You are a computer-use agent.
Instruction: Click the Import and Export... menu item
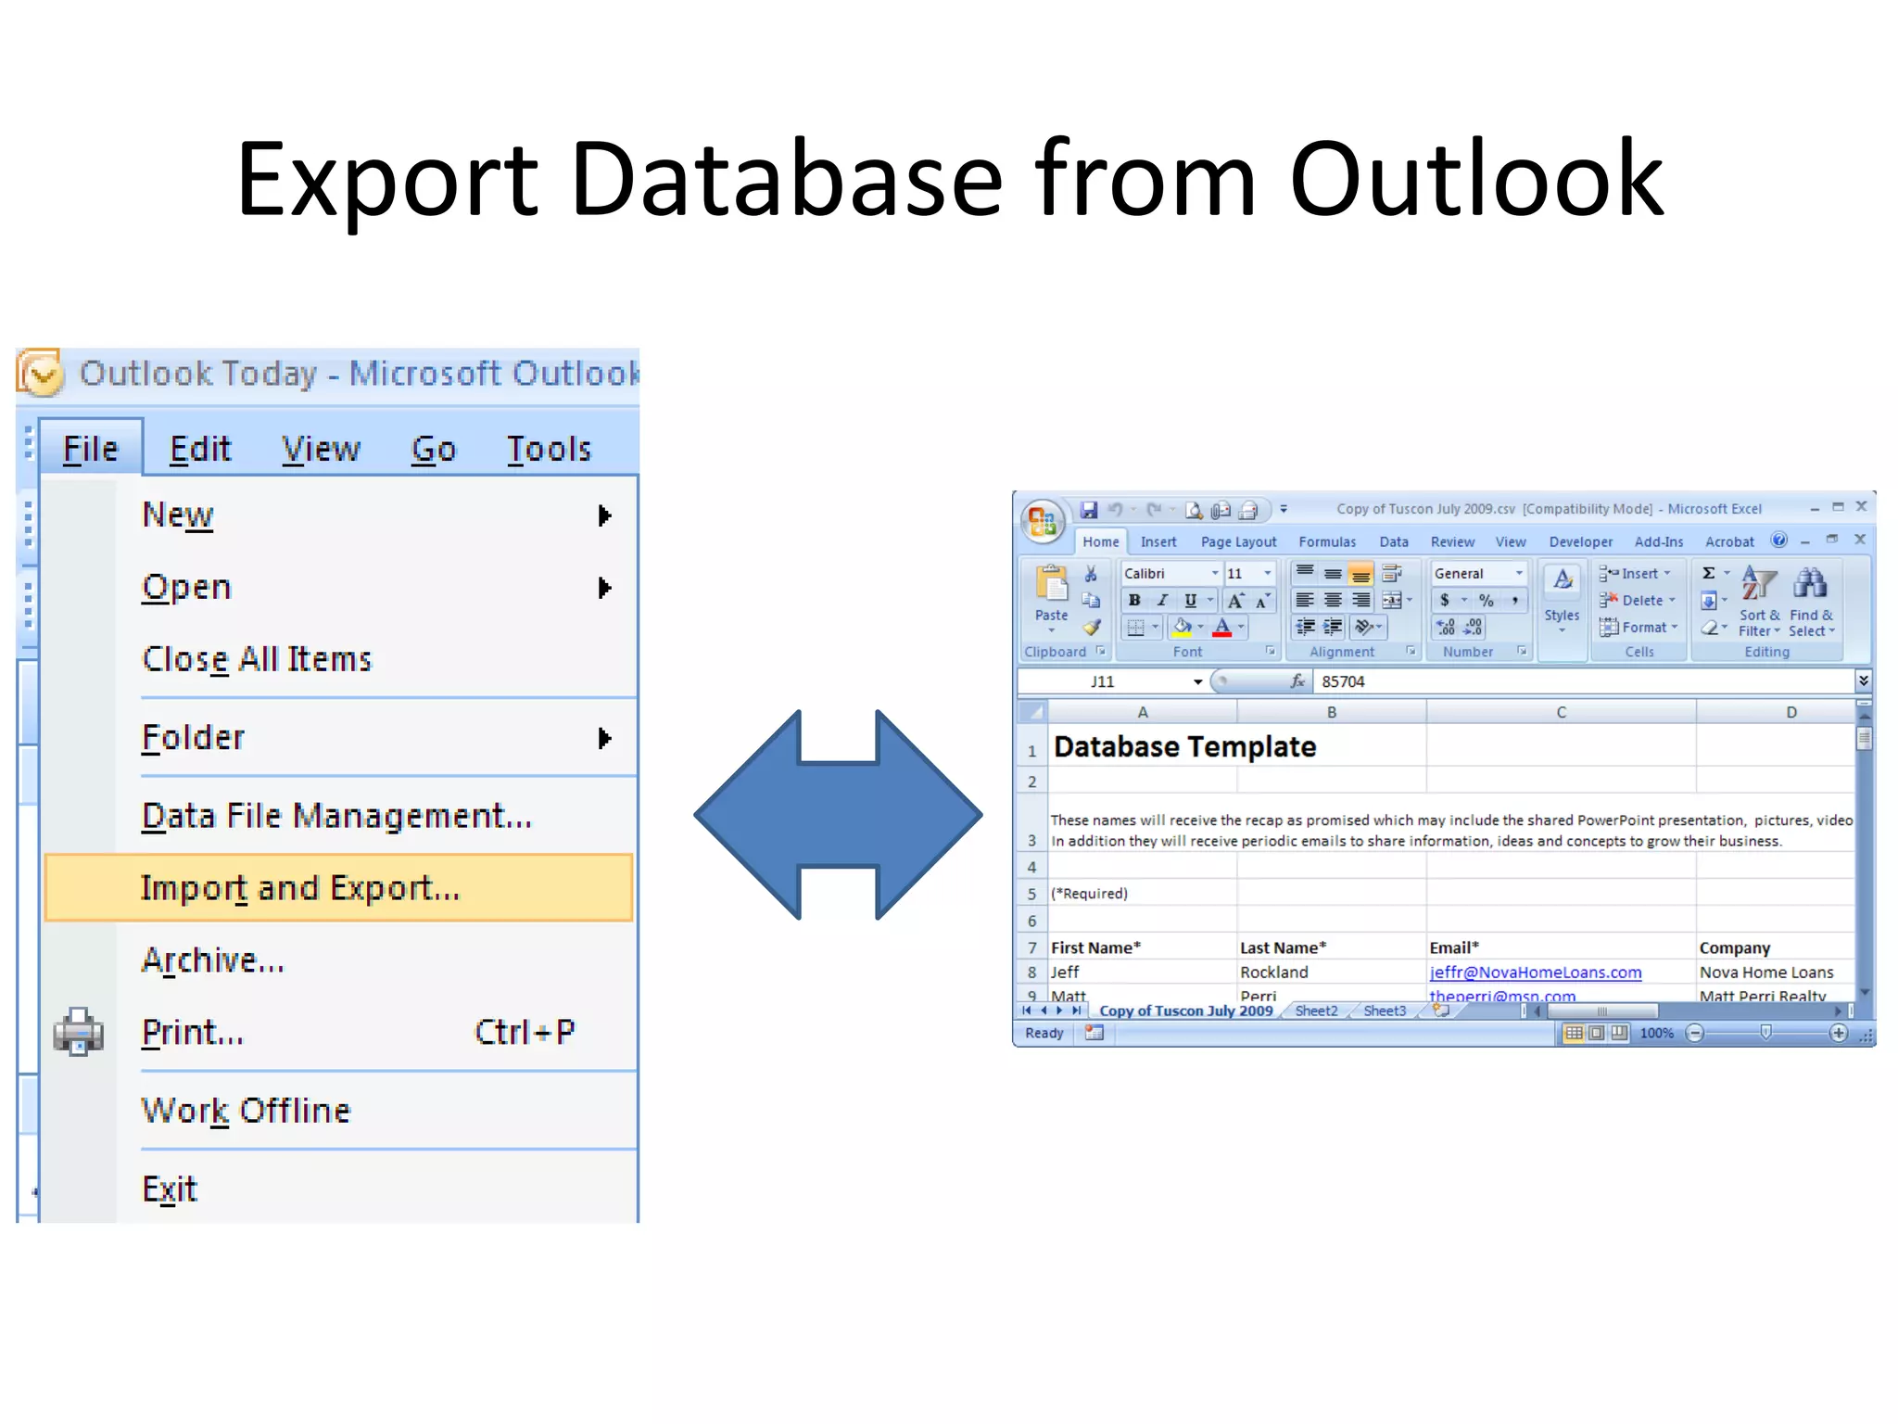coord(299,888)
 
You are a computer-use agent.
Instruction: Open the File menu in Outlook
coord(90,449)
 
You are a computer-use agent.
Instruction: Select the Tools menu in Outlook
coord(549,449)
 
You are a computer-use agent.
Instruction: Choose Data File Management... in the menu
coord(336,816)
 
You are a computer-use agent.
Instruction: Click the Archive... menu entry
coord(212,960)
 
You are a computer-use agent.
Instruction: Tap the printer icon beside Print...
coord(78,1032)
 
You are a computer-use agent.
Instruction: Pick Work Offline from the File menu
coord(246,1111)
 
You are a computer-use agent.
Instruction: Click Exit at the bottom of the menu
coord(170,1189)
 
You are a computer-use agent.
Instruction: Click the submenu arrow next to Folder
coord(605,738)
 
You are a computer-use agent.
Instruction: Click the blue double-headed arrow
coord(838,815)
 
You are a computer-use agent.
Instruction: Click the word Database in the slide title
coord(786,179)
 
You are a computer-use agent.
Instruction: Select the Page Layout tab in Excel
coord(1238,542)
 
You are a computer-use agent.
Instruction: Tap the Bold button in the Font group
coord(1134,601)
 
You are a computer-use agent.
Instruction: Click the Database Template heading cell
coord(1184,747)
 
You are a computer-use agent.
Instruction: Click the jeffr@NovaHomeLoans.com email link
coord(1535,973)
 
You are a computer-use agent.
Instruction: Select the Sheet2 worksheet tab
coord(1316,1011)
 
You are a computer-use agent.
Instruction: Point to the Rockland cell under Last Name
coord(1274,973)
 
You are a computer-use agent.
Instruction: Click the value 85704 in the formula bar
coord(1343,682)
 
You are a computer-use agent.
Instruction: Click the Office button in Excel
coord(1043,520)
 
